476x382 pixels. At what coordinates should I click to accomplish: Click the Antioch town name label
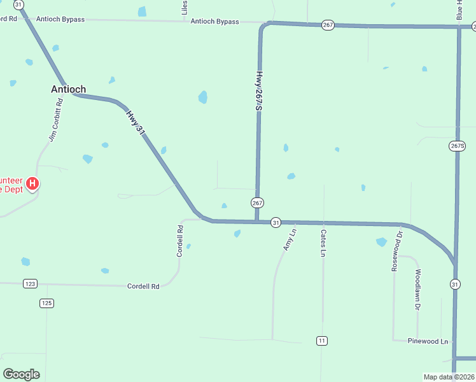coord(68,89)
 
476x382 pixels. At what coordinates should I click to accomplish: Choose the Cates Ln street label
coord(323,243)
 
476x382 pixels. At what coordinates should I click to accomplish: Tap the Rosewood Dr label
coord(397,251)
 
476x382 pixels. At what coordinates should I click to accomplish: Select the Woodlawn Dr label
coord(418,289)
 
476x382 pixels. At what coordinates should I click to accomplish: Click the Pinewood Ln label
coord(428,341)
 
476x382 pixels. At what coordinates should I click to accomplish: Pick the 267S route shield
coord(458,146)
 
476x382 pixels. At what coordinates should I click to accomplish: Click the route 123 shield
coord(30,283)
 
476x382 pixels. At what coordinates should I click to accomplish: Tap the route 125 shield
coord(46,303)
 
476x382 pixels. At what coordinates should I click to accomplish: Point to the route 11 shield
coord(322,341)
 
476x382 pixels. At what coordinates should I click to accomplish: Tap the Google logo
coord(20,374)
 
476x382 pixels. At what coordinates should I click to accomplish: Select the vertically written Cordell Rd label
coord(181,240)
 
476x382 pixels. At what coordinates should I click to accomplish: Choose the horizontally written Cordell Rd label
coord(143,286)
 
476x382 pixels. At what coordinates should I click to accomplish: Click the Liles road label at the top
coord(185,8)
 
